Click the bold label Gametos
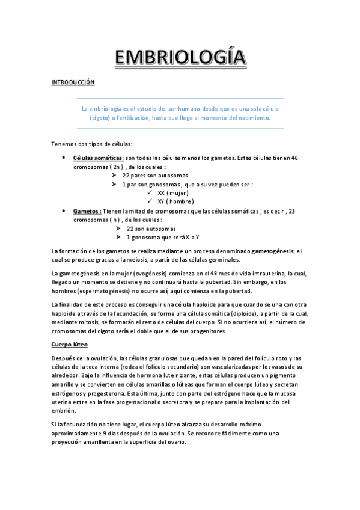(x=87, y=211)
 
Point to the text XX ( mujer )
(x=173, y=193)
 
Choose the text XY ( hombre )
(x=175, y=201)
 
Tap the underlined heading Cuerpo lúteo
(x=70, y=345)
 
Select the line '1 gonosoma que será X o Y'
(x=162, y=238)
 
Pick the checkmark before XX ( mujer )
(x=150, y=193)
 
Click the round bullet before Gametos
(x=64, y=211)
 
